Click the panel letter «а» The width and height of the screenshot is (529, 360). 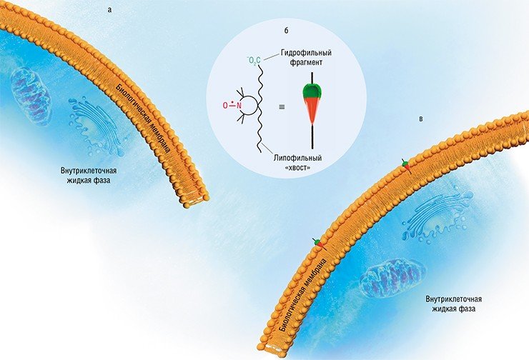click(x=109, y=10)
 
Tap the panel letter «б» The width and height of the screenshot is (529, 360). click(x=287, y=31)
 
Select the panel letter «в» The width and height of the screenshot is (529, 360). click(x=421, y=119)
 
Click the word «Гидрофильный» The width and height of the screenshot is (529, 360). click(x=306, y=53)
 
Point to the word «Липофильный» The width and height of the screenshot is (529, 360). click(x=297, y=158)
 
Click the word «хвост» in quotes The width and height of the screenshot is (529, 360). click(x=297, y=167)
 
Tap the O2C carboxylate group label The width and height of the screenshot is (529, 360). click(x=254, y=61)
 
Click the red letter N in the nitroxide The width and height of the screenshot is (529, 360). click(x=239, y=106)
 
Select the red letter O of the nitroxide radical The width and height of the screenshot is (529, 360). click(x=225, y=106)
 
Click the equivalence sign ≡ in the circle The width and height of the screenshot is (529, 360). click(x=282, y=107)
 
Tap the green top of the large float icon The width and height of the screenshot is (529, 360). click(x=312, y=90)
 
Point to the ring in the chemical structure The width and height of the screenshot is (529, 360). click(x=249, y=106)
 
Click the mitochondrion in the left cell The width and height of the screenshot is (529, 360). click(x=31, y=95)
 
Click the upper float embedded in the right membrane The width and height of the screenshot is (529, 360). click(x=406, y=166)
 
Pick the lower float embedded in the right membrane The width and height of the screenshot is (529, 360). click(x=319, y=244)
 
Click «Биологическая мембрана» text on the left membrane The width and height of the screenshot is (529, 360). click(x=143, y=118)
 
